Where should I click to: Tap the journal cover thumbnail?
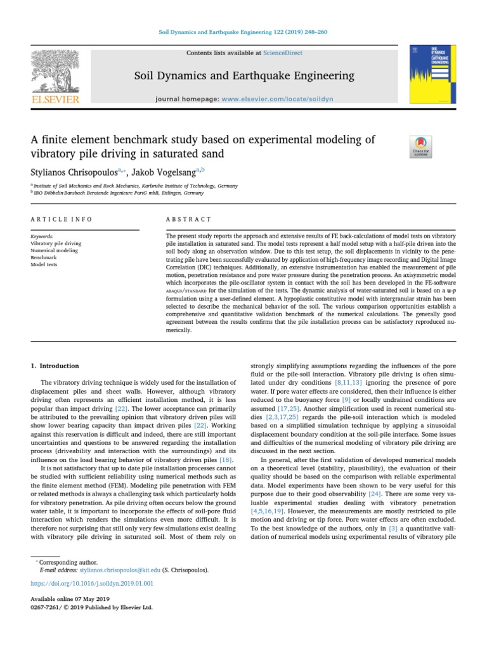[432, 74]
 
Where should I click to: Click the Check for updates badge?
[422, 146]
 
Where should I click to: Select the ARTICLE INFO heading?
[61, 219]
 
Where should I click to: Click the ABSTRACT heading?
[188, 219]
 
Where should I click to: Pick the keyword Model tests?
[44, 265]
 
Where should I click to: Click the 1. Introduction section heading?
[55, 366]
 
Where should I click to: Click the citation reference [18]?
[226, 459]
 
